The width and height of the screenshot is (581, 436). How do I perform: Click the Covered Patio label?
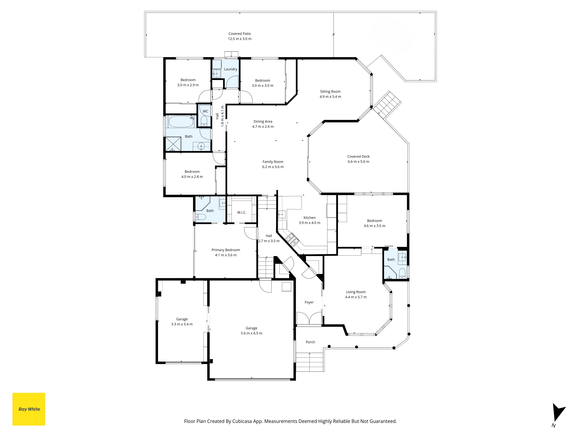pos(240,34)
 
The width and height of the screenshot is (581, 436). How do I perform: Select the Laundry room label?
pos(231,69)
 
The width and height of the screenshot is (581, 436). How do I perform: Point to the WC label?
pos(205,111)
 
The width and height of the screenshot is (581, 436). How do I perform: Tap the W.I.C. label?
pos(242,212)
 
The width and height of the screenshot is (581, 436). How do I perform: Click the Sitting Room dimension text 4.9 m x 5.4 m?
pos(330,97)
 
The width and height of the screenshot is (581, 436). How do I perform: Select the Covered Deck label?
pos(358,156)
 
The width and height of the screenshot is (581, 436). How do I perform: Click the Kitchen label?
pos(309,218)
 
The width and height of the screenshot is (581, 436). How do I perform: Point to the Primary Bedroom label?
pos(226,250)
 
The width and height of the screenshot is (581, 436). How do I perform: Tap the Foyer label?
pos(309,302)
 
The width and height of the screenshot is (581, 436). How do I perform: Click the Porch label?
pos(310,342)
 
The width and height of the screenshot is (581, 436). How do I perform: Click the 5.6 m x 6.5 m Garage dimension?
pos(251,333)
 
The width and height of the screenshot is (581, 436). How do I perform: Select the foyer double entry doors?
pos(309,319)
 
